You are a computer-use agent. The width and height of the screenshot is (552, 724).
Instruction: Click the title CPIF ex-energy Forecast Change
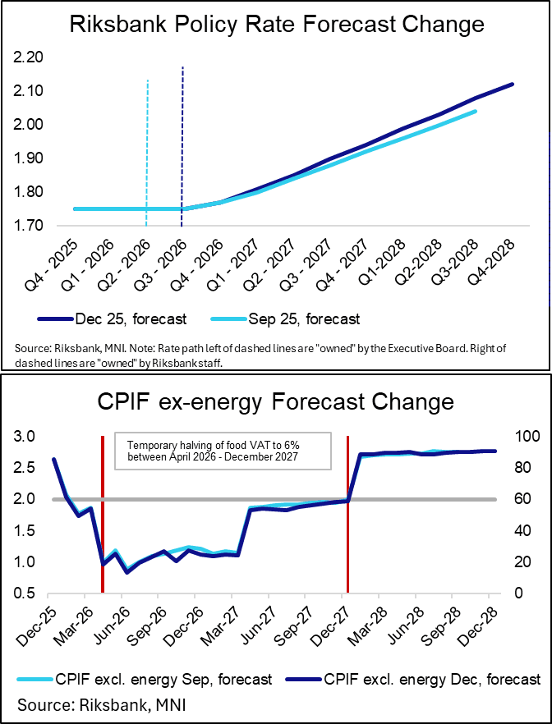(276, 402)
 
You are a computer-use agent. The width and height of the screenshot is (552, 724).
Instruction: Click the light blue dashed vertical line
(146, 148)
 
